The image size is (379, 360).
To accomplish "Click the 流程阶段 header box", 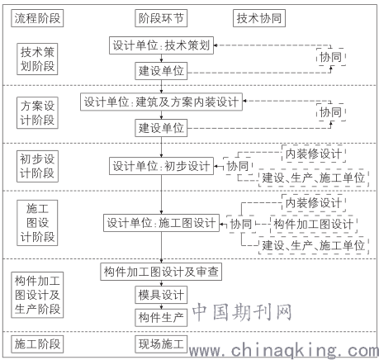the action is click(37, 18).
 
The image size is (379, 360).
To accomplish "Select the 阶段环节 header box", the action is click(161, 18).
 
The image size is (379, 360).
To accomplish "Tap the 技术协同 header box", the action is click(259, 18).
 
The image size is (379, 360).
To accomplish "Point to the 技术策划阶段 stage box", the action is click(37, 59).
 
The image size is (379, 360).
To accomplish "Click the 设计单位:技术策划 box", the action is click(161, 45).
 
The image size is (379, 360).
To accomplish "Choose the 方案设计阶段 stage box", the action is click(37, 112).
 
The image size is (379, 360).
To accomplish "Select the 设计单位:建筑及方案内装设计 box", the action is click(161, 102).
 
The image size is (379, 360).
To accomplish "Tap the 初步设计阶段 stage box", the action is click(37, 166).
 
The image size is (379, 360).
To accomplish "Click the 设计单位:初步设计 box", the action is click(161, 166).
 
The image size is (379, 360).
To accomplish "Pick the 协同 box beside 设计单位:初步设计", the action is click(238, 166).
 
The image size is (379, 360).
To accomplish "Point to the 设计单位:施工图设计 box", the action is click(161, 223).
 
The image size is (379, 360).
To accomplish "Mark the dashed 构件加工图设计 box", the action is click(314, 224).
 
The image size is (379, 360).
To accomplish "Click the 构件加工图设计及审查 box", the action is click(161, 272).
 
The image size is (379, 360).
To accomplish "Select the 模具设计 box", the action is click(161, 295).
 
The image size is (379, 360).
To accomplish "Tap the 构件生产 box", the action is click(161, 317).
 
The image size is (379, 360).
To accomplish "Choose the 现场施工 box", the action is click(161, 344).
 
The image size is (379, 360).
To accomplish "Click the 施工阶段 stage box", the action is click(37, 344).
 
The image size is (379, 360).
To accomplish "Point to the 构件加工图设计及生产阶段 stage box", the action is click(37, 295).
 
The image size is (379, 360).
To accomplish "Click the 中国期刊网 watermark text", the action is click(242, 312).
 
